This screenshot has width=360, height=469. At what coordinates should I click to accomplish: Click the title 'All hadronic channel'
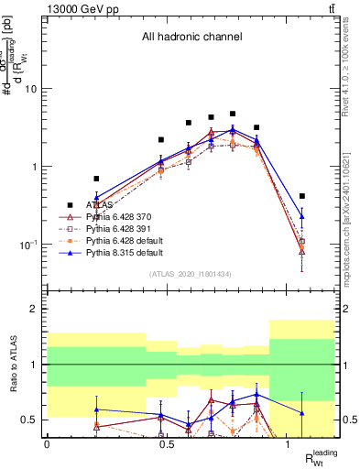point(191,38)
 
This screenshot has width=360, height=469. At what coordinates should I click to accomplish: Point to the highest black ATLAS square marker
point(233,115)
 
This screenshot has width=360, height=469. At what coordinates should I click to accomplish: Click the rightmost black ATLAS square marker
point(301,196)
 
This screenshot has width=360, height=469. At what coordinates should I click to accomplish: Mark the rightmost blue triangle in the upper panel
point(301,216)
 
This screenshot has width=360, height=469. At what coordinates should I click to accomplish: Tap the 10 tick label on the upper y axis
point(31,89)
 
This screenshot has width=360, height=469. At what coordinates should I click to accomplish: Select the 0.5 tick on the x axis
point(167,443)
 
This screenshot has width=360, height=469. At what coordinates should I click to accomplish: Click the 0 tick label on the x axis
point(47,443)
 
